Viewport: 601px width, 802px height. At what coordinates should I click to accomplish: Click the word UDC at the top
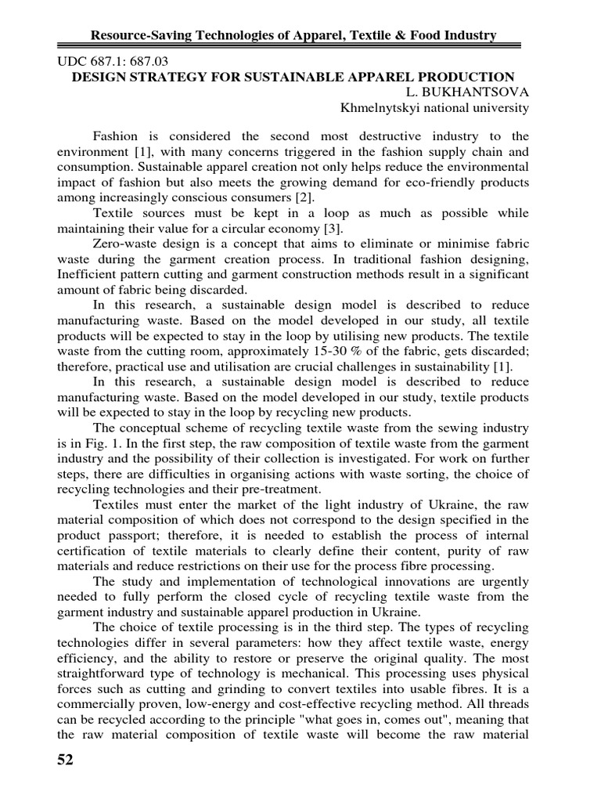74,60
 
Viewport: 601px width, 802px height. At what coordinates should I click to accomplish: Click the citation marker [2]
300,198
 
